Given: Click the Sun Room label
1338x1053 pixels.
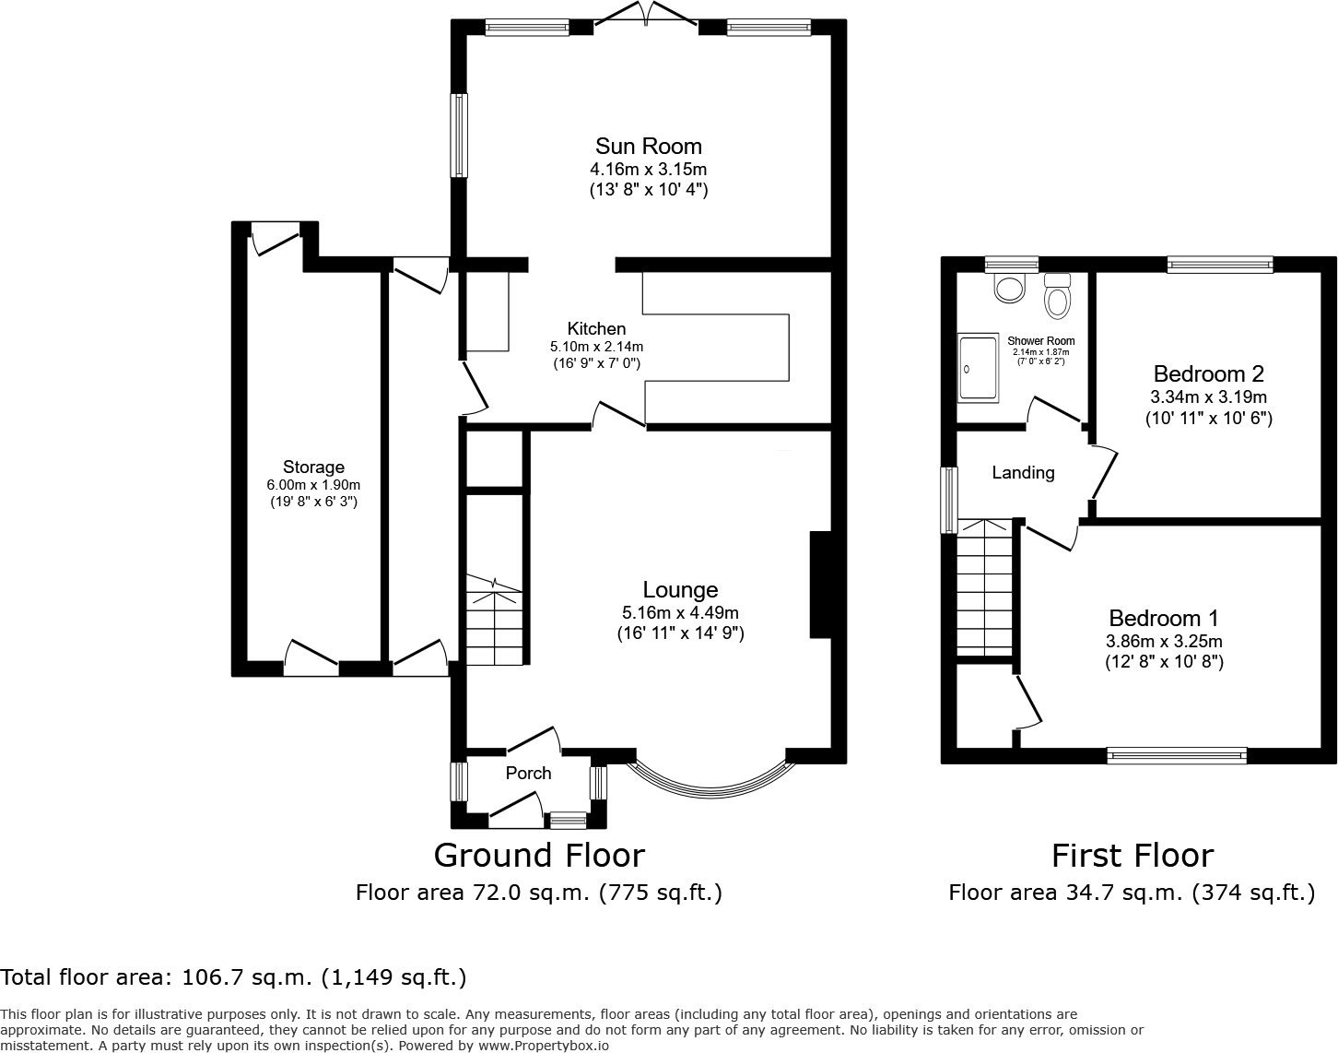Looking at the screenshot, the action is pyautogui.click(x=649, y=147).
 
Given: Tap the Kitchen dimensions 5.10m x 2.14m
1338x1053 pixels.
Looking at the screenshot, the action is pyautogui.click(x=596, y=347).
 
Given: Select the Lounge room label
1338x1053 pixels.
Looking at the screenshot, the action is pyautogui.click(x=680, y=589).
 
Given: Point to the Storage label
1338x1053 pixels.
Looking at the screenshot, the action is pyautogui.click(x=313, y=467).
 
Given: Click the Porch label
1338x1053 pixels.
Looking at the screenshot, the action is pyautogui.click(x=529, y=773).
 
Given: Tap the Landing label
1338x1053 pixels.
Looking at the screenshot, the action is pyautogui.click(x=1024, y=473).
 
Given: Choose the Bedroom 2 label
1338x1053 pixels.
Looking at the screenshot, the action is pyautogui.click(x=1209, y=374).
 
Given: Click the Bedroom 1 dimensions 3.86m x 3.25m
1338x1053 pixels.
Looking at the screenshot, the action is pyautogui.click(x=1164, y=641).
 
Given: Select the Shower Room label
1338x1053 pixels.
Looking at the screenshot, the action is pyautogui.click(x=1040, y=341).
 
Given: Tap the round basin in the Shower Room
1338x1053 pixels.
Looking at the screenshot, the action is pyautogui.click(x=1009, y=289).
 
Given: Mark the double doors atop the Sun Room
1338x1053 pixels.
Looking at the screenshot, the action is pyautogui.click(x=647, y=15).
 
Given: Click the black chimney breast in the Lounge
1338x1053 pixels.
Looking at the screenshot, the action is pyautogui.click(x=820, y=585).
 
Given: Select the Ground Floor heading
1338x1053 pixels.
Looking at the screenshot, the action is pyautogui.click(x=539, y=855).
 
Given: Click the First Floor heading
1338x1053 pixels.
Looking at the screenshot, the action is pyautogui.click(x=1133, y=856).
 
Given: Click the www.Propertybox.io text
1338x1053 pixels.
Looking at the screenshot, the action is pyautogui.click(x=544, y=1047).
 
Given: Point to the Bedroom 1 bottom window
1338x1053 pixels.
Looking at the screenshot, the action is pyautogui.click(x=1177, y=755).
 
